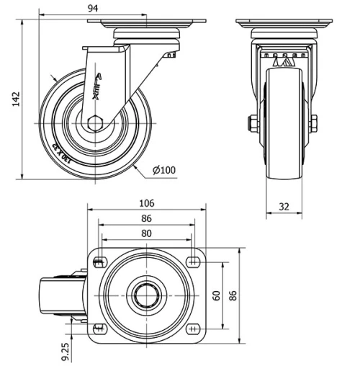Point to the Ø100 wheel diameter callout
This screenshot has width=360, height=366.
(x=164, y=170)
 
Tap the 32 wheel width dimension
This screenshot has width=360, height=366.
(x=284, y=206)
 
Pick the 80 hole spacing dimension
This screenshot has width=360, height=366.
(x=146, y=233)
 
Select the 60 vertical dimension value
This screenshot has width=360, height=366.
(x=216, y=295)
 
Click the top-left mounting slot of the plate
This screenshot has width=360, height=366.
(x=99, y=260)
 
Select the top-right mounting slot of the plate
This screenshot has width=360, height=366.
(x=193, y=260)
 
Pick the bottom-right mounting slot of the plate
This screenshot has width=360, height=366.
(x=193, y=329)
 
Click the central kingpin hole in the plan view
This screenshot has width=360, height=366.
(x=146, y=295)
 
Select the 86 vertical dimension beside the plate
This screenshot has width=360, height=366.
(x=233, y=295)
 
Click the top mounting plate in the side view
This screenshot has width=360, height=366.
(x=146, y=22)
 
